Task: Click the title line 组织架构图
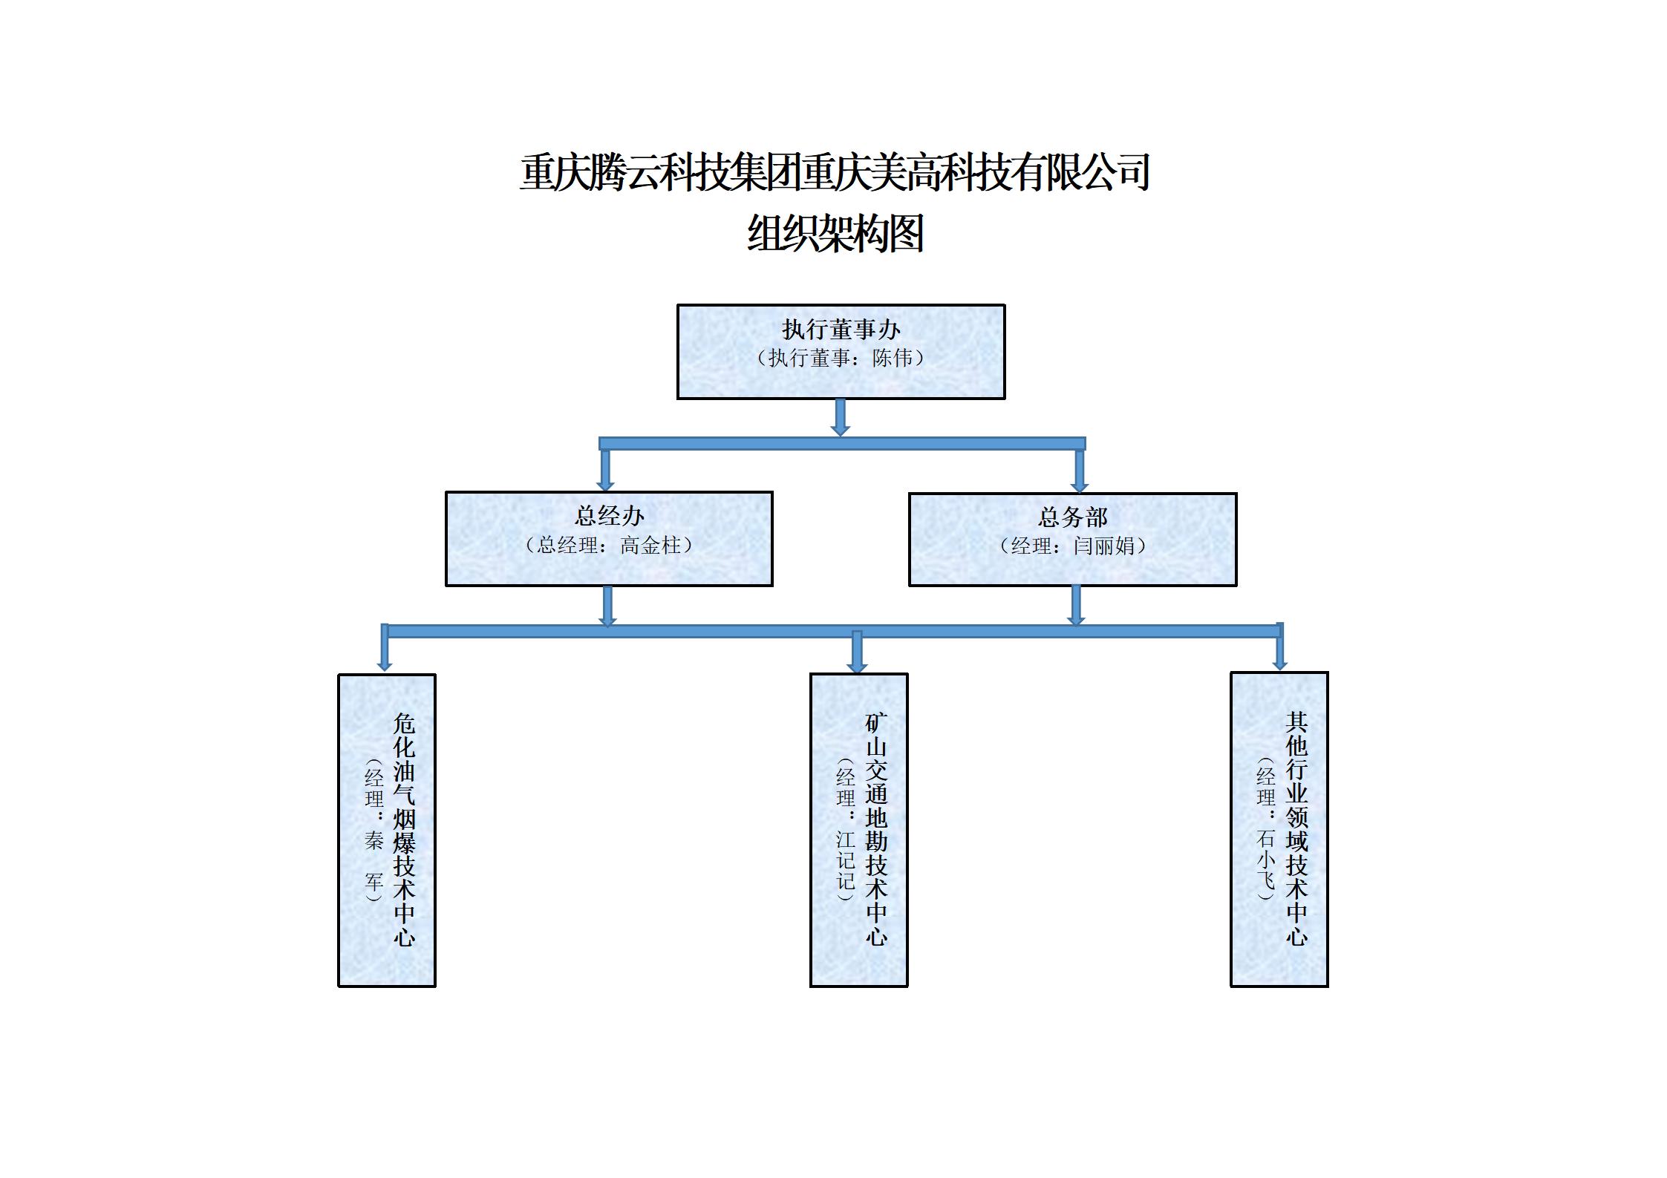click(835, 235)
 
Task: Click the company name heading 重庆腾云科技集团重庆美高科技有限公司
click(835, 172)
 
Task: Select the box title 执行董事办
click(841, 330)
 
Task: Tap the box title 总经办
click(609, 516)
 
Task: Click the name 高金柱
click(650, 546)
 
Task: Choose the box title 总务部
click(1072, 517)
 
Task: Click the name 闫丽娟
click(1104, 546)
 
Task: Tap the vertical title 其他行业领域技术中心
click(1296, 828)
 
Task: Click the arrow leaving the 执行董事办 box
click(841, 418)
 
